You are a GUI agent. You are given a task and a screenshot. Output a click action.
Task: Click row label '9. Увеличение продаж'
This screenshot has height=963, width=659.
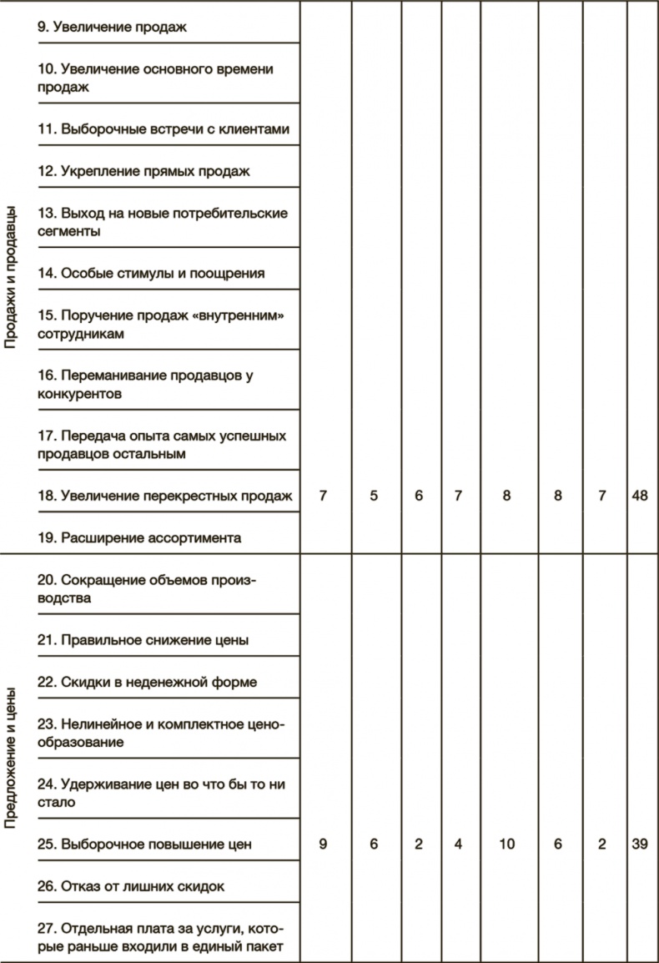click(x=111, y=28)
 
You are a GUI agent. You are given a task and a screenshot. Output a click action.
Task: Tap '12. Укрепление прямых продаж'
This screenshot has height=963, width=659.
click(x=144, y=171)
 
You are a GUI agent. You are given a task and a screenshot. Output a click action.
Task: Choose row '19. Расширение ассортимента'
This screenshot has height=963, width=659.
click(x=139, y=537)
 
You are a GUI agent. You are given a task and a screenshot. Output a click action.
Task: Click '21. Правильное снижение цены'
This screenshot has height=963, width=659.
click(x=143, y=640)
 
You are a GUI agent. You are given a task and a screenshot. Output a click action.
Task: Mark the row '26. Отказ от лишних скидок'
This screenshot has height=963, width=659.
click(x=131, y=886)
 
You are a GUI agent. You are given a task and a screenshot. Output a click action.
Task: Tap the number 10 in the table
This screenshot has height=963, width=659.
click(x=506, y=845)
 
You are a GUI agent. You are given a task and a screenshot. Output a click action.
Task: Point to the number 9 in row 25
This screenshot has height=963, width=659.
click(x=323, y=845)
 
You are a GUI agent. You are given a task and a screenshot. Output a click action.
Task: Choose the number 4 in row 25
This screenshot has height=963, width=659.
click(x=458, y=845)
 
